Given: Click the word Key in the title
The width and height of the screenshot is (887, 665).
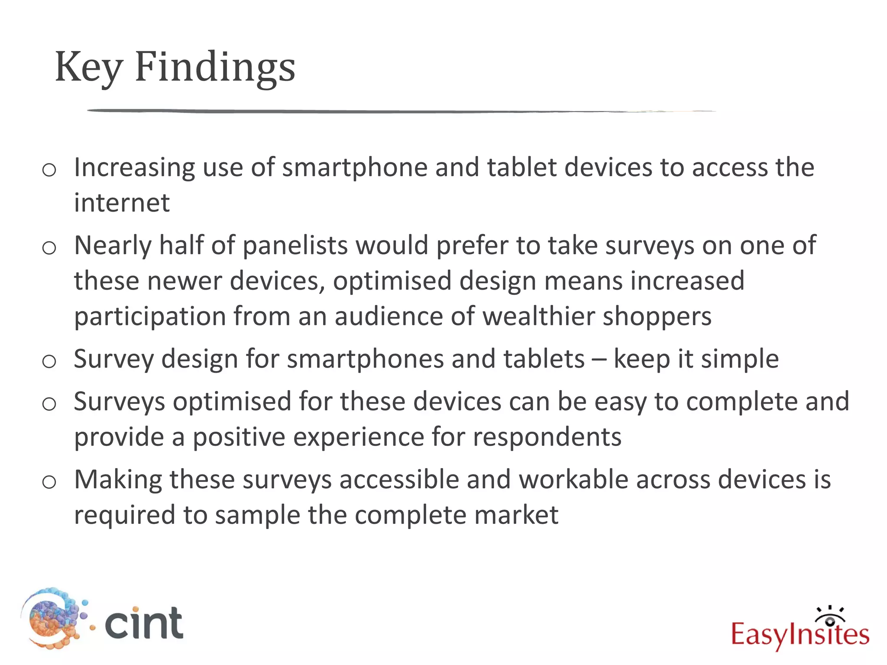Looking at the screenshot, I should [89, 67].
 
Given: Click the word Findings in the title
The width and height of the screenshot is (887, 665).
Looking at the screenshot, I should [215, 67].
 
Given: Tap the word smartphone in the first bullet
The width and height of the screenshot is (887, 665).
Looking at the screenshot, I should [355, 168].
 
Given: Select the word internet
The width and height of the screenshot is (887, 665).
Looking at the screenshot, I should [122, 203].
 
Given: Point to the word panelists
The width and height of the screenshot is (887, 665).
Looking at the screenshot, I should [295, 246].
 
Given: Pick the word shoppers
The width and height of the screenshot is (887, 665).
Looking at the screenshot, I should [657, 317].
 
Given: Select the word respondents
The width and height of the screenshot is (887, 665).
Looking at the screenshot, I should [547, 437].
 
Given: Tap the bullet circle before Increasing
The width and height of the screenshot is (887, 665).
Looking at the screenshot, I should [49, 170].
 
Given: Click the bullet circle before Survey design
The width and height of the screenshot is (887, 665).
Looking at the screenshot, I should [49, 361].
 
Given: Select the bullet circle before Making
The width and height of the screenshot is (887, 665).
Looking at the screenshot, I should [49, 482].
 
